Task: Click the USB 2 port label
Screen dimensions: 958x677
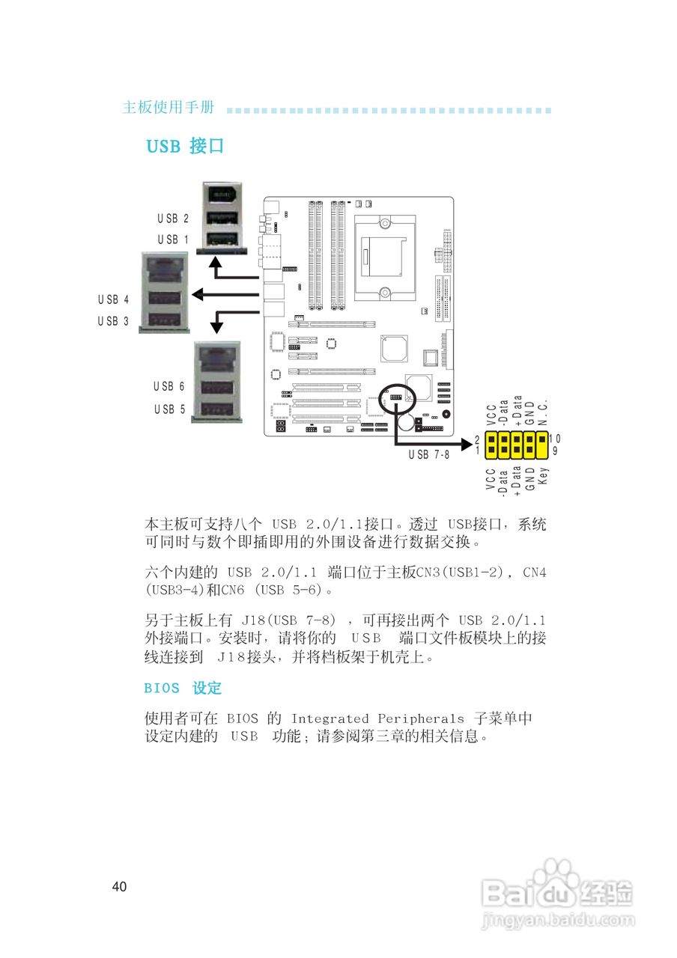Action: (x=173, y=219)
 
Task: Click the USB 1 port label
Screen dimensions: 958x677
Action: (x=173, y=239)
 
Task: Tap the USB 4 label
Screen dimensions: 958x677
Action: (x=113, y=299)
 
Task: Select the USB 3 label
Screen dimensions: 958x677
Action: (x=113, y=321)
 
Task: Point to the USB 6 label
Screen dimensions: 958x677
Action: (x=169, y=387)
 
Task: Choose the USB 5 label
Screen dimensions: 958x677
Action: (x=169, y=409)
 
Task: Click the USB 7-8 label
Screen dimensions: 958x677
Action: (x=429, y=455)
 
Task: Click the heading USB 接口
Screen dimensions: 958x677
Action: (x=185, y=146)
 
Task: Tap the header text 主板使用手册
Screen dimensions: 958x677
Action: (x=169, y=108)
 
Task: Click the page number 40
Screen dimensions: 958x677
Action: (x=119, y=887)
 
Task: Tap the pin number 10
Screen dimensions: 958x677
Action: (x=555, y=439)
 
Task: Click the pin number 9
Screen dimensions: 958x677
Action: (x=555, y=451)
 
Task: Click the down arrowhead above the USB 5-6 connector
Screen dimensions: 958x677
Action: (x=216, y=326)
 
